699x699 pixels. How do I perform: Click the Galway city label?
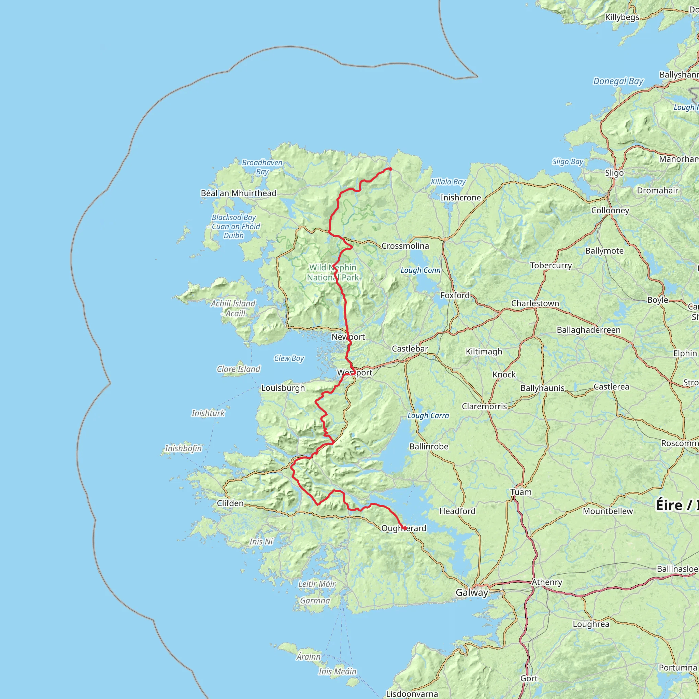472,592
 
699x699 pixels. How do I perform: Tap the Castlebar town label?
410,348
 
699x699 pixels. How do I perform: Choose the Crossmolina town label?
405,246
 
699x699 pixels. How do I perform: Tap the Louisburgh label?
283,388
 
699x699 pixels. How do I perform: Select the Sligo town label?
614,173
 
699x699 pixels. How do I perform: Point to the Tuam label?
520,492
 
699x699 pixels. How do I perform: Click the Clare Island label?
239,369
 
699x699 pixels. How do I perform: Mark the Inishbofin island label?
183,448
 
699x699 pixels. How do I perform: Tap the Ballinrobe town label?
429,446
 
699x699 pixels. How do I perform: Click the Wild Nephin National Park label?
332,272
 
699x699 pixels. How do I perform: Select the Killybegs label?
622,17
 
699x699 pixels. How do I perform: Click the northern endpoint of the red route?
390,169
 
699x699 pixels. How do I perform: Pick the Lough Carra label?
428,415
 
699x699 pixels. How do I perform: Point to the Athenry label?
547,582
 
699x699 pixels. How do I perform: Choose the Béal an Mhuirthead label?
239,193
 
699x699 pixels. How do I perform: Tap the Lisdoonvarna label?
412,694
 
